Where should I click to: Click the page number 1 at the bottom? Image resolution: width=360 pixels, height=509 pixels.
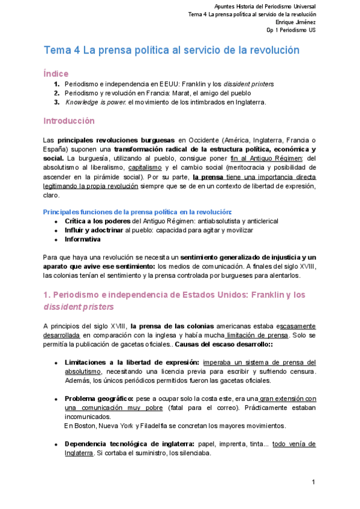click(x=314, y=482)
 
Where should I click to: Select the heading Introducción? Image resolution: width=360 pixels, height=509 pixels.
click(x=69, y=121)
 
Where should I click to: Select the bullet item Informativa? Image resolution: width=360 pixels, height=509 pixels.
click(x=83, y=239)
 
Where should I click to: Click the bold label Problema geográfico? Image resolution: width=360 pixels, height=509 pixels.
click(x=99, y=399)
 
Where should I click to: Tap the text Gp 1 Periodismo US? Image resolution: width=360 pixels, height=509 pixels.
click(x=292, y=30)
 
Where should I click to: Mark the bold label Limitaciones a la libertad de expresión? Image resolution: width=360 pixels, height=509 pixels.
click(x=132, y=363)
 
